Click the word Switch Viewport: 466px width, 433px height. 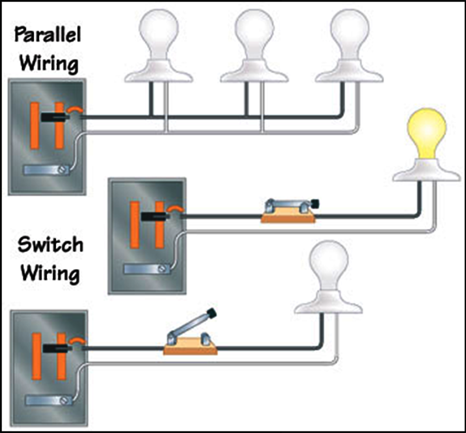50,245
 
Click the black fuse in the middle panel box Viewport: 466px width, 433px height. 154,216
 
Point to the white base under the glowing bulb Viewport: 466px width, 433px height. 426,170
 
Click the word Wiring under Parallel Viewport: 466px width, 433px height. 49,64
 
